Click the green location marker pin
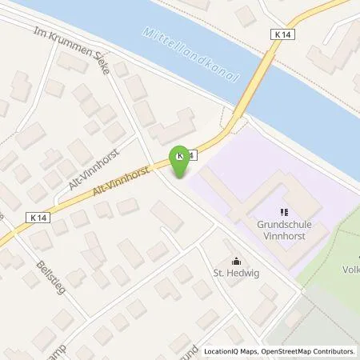179,162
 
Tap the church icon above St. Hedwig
235,260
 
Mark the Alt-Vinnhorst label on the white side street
85,165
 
